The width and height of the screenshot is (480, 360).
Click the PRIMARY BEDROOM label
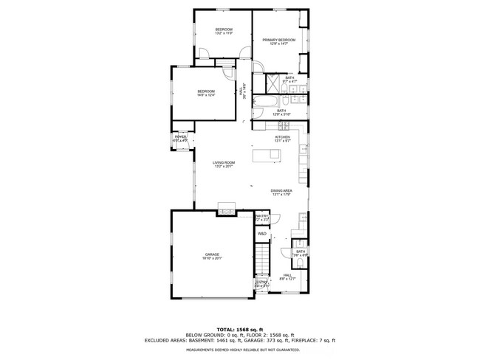[x=278, y=41]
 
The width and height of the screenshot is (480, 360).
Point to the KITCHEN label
[x=282, y=137]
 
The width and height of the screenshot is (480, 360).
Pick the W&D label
[x=262, y=234]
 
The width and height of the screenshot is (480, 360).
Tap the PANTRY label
[x=262, y=215]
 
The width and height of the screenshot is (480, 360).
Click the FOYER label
[x=180, y=137]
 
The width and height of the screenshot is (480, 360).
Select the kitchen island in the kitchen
[x=266, y=155]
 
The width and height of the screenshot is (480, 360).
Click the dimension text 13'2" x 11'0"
[x=223, y=32]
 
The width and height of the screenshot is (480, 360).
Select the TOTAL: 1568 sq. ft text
[x=240, y=329]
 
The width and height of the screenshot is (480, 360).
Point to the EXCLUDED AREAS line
[x=240, y=340]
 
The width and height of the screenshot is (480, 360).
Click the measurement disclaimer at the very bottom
[x=240, y=351]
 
